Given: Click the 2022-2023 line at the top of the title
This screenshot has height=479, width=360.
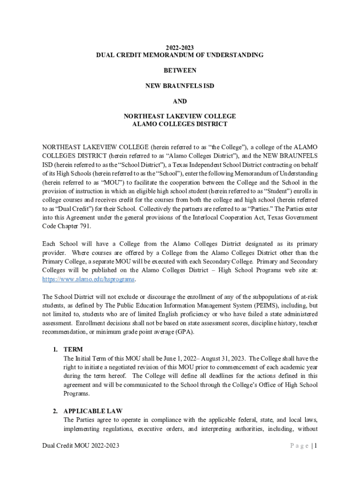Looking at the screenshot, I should click(180, 48).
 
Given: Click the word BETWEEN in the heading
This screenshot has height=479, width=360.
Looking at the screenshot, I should click(180, 70).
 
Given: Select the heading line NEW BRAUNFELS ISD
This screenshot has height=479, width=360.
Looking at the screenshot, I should click(180, 86).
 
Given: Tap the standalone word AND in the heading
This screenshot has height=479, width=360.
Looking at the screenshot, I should click(180, 101).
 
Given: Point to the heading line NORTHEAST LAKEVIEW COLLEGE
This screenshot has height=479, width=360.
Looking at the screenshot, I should click(180, 116).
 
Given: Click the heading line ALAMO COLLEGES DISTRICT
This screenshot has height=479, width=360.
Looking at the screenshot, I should click(180, 124).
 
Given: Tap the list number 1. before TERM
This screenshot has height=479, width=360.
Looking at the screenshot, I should click(55, 349).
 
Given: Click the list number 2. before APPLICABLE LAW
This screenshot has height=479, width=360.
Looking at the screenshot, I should click(55, 411).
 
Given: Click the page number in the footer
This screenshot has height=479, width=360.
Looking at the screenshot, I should click(316, 446).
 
